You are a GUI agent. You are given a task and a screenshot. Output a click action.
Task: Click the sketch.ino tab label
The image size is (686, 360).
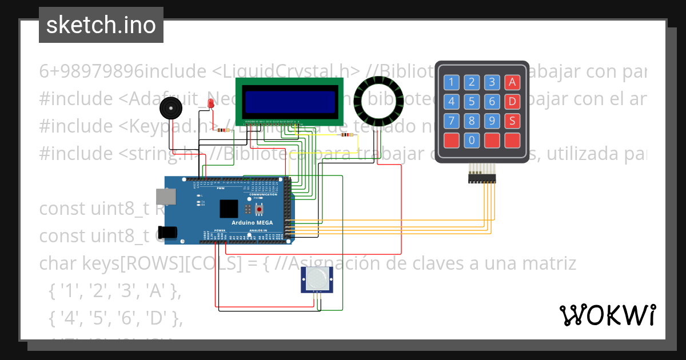tap(101, 25)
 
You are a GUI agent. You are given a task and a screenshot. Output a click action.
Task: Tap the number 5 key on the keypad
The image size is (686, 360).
tap(472, 102)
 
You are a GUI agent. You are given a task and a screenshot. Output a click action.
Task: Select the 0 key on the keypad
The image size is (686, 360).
tap(472, 139)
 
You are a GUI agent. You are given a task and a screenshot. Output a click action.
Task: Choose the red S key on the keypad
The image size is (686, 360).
tap(512, 121)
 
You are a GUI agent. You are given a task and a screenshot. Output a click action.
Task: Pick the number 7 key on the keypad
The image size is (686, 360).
tap(452, 121)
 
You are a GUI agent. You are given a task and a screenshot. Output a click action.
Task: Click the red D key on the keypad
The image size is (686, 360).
tap(512, 102)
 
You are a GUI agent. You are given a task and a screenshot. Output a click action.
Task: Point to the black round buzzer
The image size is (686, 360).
tap(169, 107)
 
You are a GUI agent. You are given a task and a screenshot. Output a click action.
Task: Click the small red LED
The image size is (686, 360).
tap(210, 103)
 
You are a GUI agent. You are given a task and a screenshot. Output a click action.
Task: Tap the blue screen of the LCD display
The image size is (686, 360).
tap(290, 101)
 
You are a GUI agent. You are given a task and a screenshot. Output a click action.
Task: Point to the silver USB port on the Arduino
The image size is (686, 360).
tap(169, 196)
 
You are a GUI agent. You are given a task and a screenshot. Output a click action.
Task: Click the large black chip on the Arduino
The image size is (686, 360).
tap(229, 208)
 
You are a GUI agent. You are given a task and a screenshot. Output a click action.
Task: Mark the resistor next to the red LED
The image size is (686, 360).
tap(224, 130)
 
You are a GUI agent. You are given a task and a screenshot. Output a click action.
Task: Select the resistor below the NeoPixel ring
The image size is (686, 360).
tap(346, 135)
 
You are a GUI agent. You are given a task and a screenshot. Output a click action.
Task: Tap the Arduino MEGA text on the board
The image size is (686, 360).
tap(252, 222)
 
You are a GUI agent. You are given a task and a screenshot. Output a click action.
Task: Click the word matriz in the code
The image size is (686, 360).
tap(549, 263)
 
